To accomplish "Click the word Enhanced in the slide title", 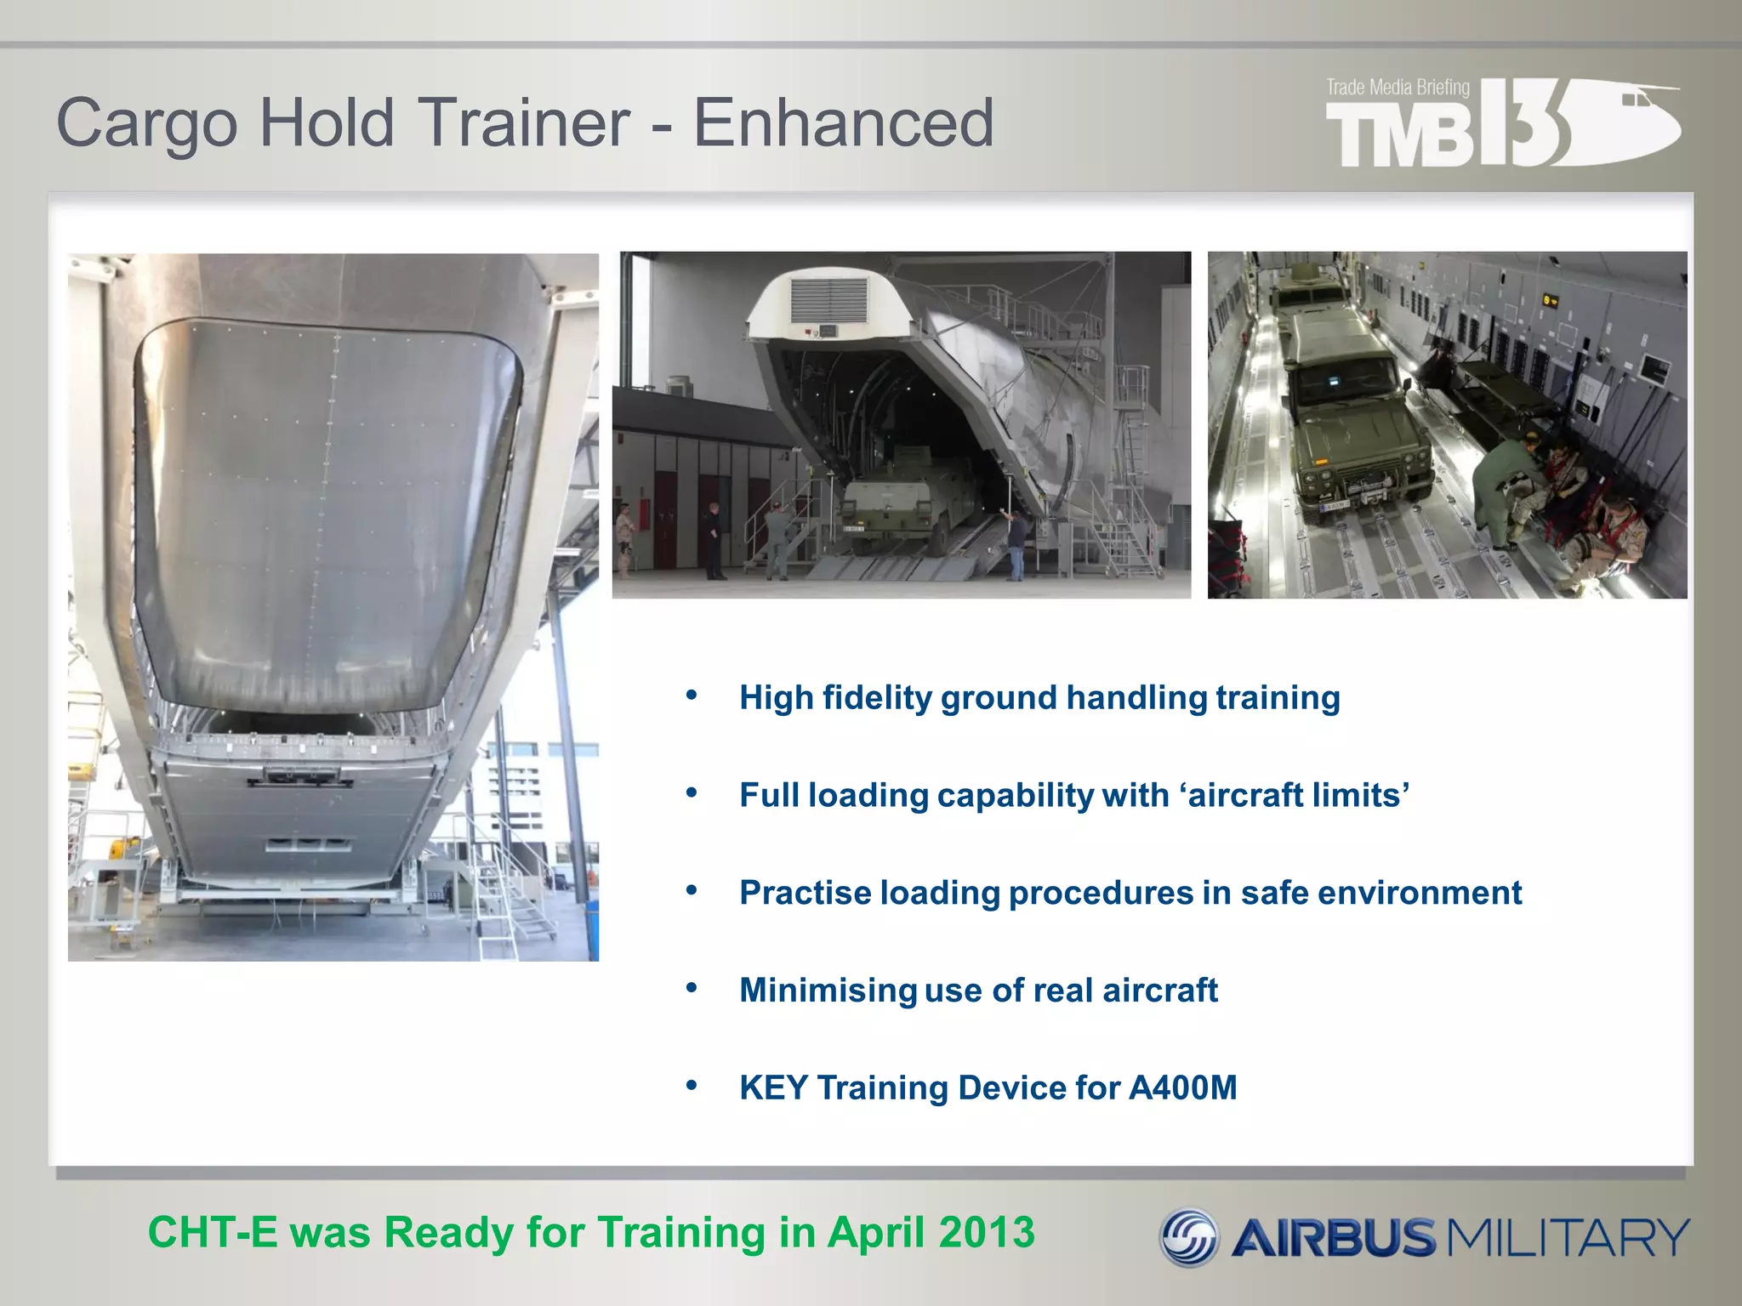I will pyautogui.click(x=843, y=123).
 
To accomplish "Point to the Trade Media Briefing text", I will pyautogui.click(x=1398, y=87).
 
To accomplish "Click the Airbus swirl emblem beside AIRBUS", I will pyautogui.click(x=1190, y=1237).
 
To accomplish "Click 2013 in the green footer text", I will pyautogui.click(x=987, y=1232).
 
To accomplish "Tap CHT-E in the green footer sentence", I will pyautogui.click(x=213, y=1232).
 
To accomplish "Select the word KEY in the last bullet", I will pyautogui.click(x=773, y=1087).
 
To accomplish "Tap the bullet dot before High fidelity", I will pyautogui.click(x=692, y=696).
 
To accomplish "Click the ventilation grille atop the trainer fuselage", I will pyautogui.click(x=828, y=299).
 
